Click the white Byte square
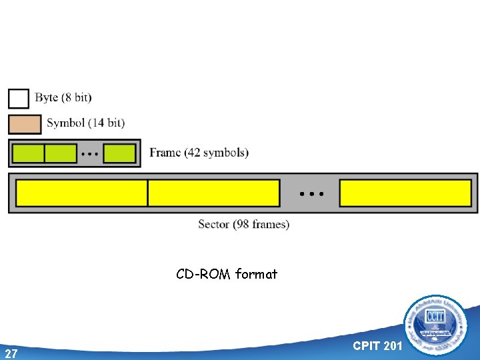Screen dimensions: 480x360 click(19, 98)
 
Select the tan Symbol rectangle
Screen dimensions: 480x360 click(25, 124)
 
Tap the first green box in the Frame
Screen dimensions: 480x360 click(29, 153)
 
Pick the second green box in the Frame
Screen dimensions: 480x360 click(61, 153)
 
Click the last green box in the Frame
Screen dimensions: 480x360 click(119, 153)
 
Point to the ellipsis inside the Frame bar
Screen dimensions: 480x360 click(90, 154)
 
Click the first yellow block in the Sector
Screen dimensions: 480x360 click(81, 193)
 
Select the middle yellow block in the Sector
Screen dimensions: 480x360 click(213, 193)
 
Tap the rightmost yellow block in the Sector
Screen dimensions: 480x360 click(405, 193)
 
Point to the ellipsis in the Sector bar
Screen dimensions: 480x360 click(311, 193)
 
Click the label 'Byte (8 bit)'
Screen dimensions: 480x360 click(63, 98)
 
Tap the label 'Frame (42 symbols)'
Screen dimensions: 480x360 click(199, 153)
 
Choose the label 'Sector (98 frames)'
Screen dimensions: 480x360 click(243, 225)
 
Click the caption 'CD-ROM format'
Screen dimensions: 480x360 click(227, 274)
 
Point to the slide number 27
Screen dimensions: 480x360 click(11, 353)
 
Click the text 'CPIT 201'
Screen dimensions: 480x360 click(377, 345)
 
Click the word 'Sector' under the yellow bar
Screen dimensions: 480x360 click(213, 225)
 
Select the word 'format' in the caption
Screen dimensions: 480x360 click(256, 274)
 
